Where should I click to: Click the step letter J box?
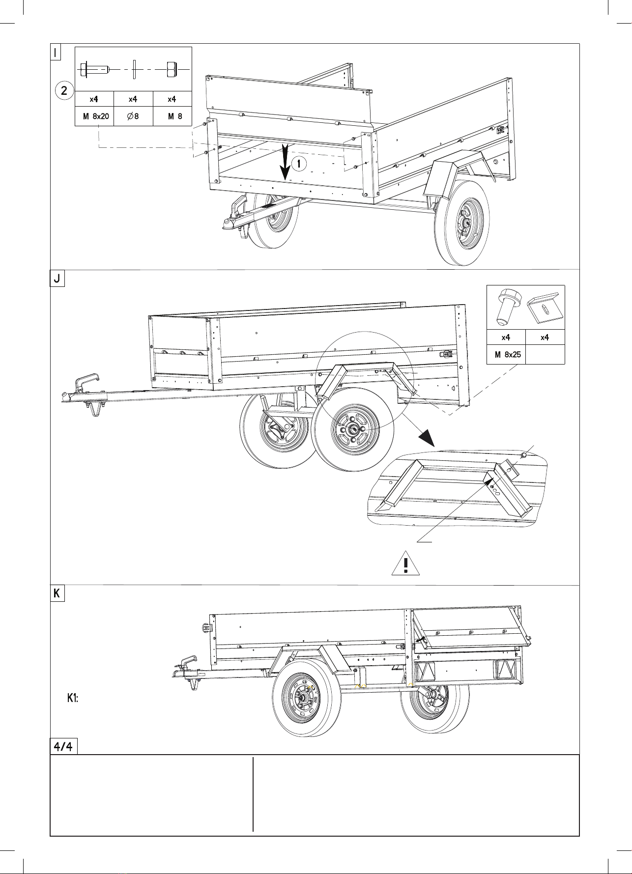point(57,279)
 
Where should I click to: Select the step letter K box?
point(57,593)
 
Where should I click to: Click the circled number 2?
point(64,90)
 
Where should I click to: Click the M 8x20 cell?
point(94,116)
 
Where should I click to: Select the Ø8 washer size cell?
point(133,116)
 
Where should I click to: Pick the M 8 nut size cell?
point(172,116)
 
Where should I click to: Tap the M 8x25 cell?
point(506,354)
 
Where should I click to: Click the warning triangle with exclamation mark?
point(405,564)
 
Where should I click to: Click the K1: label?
point(73,698)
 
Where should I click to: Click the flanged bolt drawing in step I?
point(94,70)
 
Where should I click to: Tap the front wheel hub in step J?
point(353,430)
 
